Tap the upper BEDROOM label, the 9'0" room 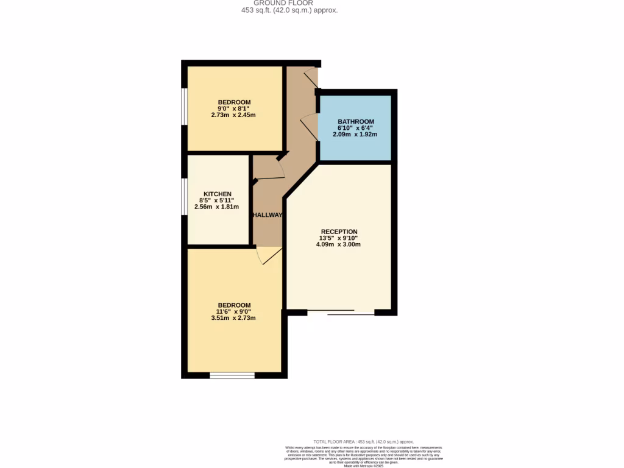click(x=234, y=102)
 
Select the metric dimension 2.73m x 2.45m click(x=234, y=115)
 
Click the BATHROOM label click(x=356, y=121)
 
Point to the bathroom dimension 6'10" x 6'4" click(x=356, y=128)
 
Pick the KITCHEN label click(x=217, y=194)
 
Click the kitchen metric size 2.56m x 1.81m click(x=217, y=207)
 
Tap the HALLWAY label click(x=268, y=215)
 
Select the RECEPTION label click(x=339, y=232)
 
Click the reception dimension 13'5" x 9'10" click(x=339, y=238)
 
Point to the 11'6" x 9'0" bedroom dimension click(x=234, y=311)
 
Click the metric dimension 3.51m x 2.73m click(x=234, y=318)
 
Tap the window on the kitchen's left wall click(x=184, y=197)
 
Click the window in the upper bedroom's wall click(x=184, y=107)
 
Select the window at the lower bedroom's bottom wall click(x=232, y=375)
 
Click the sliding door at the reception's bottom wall click(x=341, y=313)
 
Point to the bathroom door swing click(x=310, y=126)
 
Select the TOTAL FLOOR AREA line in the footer click(x=363, y=441)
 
